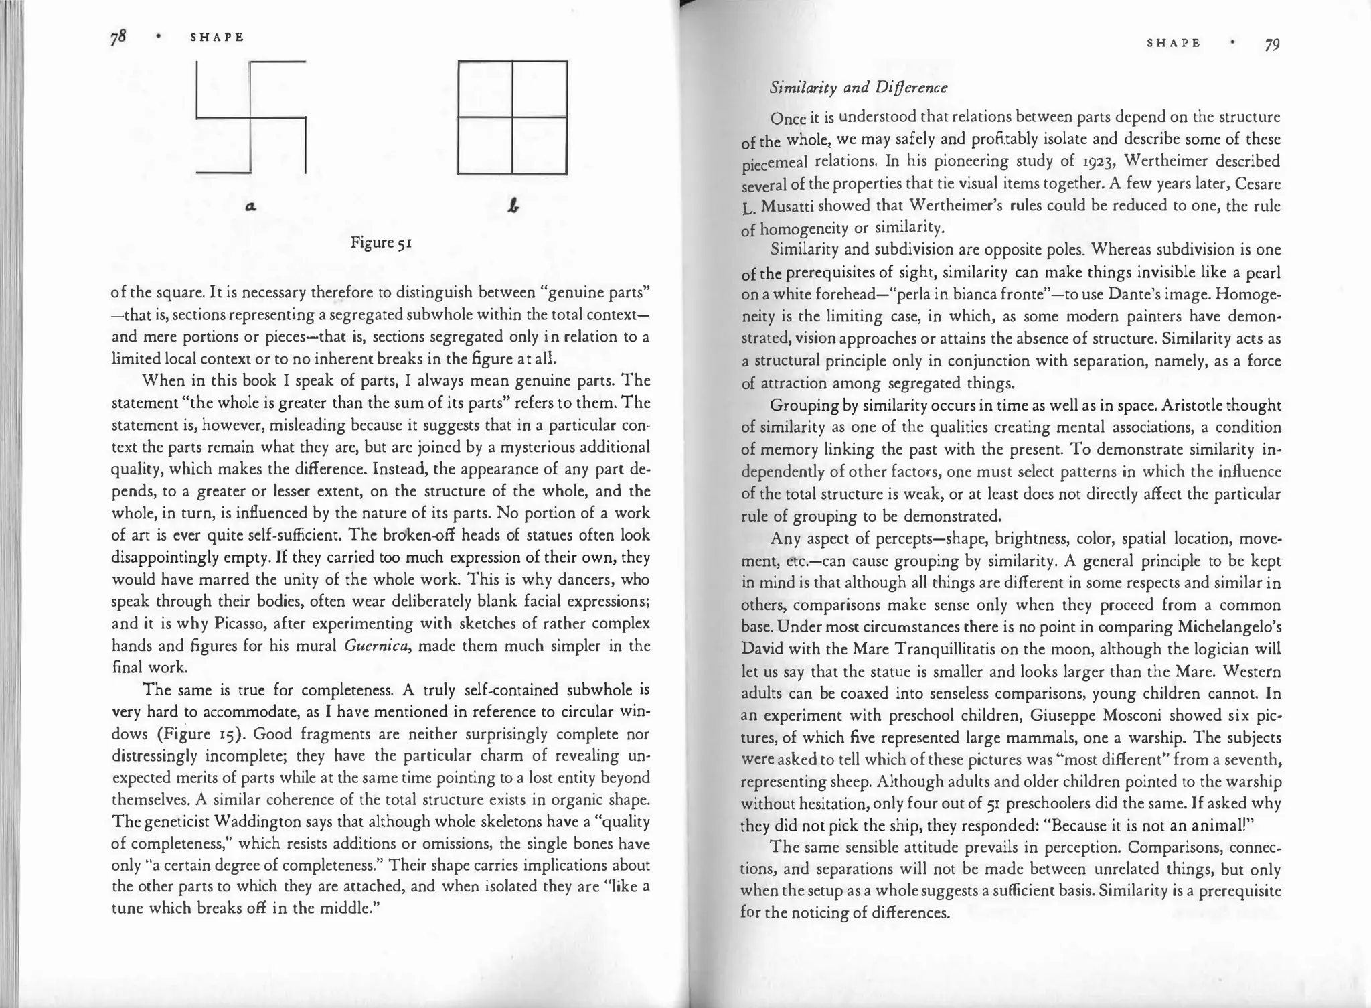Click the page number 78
pos(118,38)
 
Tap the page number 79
pos(1272,45)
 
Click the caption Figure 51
pos(381,242)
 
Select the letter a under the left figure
pos(250,207)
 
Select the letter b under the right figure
pos(513,207)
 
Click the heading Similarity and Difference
pos(858,88)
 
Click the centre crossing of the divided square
pos(513,117)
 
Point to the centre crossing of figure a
pos(250,119)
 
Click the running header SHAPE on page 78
pos(217,38)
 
